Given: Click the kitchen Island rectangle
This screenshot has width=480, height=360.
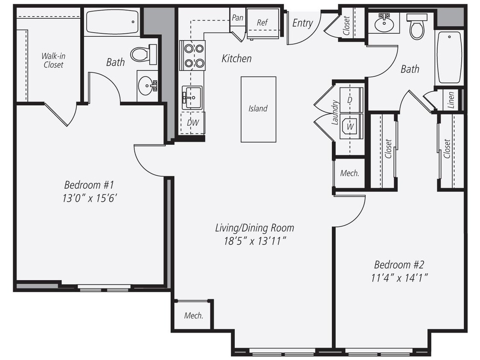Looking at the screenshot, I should point(258,109).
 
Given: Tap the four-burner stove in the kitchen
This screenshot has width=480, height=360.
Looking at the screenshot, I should point(192,55).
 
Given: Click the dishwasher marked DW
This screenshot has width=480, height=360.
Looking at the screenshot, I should point(192,123).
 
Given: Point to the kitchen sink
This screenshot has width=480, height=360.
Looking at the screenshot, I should point(192,96).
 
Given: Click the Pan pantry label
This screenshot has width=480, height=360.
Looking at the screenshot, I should point(237,18).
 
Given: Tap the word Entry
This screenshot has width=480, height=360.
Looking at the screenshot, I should point(302,23).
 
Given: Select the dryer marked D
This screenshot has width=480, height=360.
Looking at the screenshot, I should point(350,100).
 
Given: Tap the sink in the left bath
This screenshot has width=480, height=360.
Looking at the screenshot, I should point(147,87).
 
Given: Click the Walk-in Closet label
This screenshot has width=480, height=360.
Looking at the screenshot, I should point(53,60).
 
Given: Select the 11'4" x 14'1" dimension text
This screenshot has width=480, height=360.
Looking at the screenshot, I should point(399,277).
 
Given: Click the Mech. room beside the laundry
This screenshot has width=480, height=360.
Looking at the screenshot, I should point(349,173).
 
